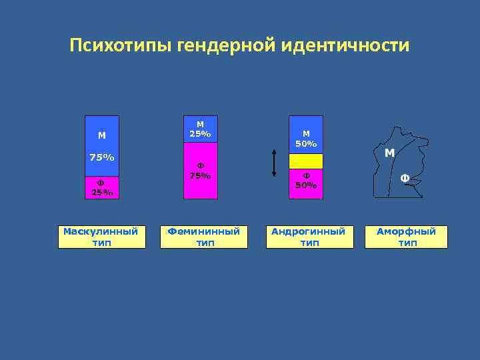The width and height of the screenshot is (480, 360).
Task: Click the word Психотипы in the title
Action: point(122,46)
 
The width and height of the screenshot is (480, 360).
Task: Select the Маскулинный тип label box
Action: point(102,237)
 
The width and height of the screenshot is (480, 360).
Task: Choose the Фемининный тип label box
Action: point(204,237)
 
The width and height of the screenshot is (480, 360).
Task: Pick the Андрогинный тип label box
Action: point(309,237)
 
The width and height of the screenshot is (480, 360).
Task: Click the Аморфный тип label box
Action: point(406,237)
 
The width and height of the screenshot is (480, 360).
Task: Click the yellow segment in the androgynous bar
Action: point(306,161)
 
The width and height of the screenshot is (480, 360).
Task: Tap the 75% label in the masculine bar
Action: point(102,158)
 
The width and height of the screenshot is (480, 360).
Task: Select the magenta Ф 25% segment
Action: point(102,188)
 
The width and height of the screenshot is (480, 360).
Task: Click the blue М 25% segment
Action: point(201,129)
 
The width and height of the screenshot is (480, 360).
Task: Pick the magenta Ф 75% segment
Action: point(201,171)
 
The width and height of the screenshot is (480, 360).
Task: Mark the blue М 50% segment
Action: point(306,135)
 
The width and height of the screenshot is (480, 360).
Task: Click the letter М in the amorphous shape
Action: point(390,153)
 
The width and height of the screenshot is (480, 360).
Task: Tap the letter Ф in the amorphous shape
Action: point(405,178)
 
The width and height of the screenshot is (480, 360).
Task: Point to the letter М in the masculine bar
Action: point(102,135)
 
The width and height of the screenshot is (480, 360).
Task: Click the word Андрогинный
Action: point(309,231)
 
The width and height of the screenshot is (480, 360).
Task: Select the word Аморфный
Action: point(406,231)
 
